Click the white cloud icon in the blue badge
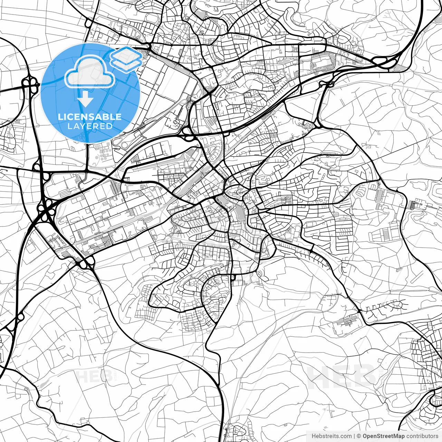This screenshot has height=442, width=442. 89,73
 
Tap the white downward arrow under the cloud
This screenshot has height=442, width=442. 85,99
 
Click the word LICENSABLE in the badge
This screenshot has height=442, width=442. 90,117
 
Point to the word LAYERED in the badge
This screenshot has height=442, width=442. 90,126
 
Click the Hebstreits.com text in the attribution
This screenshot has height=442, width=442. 331,436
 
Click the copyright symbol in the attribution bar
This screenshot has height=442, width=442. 359,436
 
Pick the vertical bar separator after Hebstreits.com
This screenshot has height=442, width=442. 354,436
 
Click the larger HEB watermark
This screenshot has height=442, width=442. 342,376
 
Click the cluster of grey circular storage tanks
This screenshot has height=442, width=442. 103,152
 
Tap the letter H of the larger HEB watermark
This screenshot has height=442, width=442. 319,376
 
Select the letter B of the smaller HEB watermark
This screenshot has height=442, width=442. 106,376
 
